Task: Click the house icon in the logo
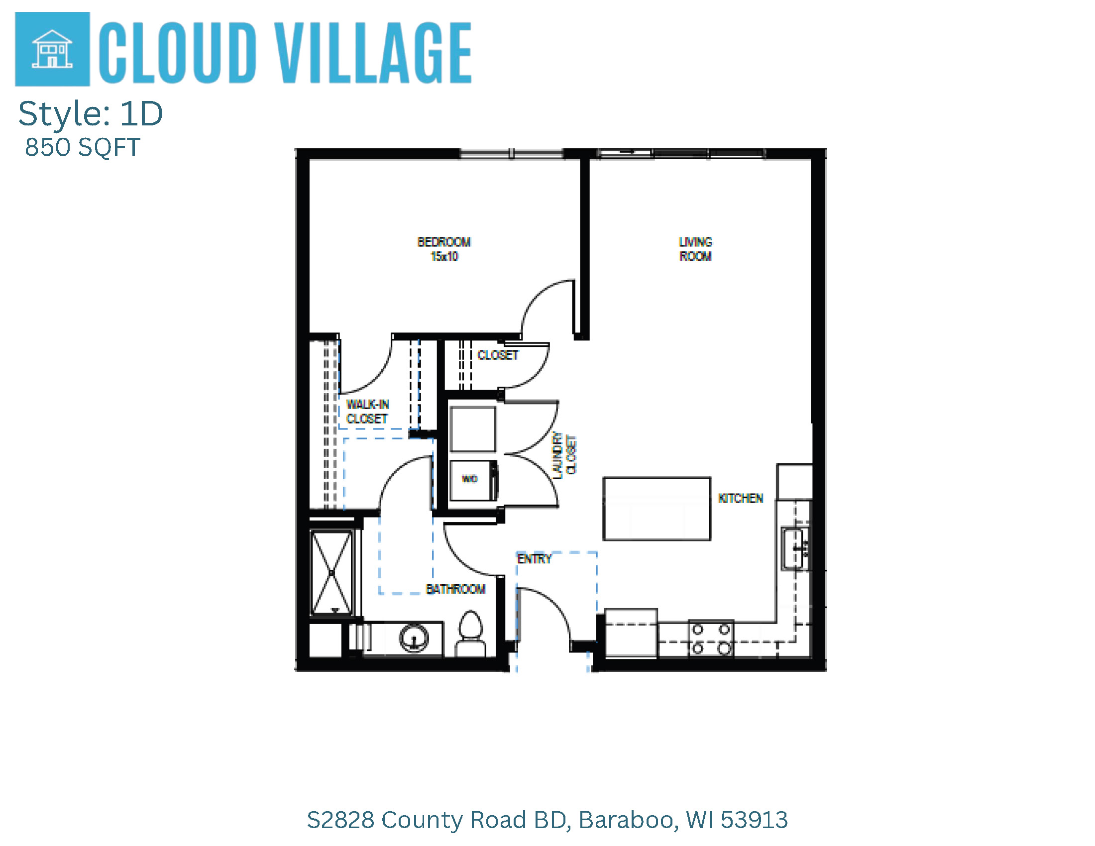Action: tap(52, 49)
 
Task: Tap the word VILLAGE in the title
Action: tap(374, 53)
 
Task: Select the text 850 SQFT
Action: tap(82, 147)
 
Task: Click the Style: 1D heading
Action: tap(91, 114)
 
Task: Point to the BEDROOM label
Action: tap(443, 242)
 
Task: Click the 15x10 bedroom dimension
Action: tap(444, 257)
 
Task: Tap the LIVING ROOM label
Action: tap(695, 249)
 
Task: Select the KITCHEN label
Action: tap(741, 498)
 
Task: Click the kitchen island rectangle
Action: tap(657, 509)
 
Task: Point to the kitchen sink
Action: tap(795, 548)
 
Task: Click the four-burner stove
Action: tap(711, 638)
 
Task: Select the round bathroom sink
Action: tap(414, 638)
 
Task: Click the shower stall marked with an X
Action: tap(332, 572)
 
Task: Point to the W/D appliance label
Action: tap(470, 479)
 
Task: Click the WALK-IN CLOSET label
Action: tap(367, 412)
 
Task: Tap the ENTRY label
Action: tap(535, 559)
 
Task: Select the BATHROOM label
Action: tap(456, 589)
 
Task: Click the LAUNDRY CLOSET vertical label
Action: tap(564, 455)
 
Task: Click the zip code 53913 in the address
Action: tap(754, 821)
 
